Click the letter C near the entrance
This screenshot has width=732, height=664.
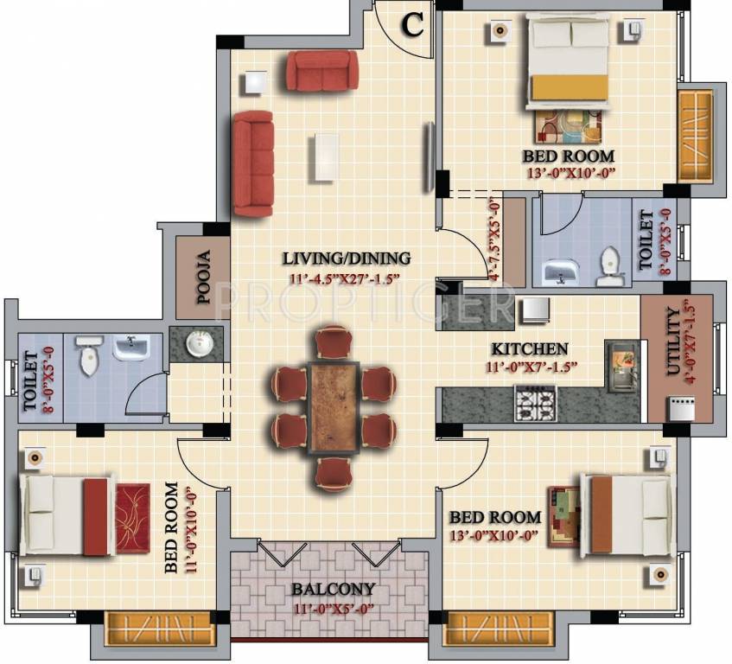[413, 25]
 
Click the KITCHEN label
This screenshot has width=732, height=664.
[530, 349]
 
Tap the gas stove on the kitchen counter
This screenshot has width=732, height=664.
[536, 403]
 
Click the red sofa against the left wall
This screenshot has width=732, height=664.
[252, 163]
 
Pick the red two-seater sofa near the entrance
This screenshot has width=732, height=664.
[321, 71]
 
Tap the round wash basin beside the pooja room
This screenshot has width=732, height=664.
[197, 345]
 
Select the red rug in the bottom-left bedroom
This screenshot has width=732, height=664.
[132, 518]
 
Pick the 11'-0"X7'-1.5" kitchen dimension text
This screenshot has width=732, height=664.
[530, 366]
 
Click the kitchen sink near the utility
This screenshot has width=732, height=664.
[621, 367]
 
